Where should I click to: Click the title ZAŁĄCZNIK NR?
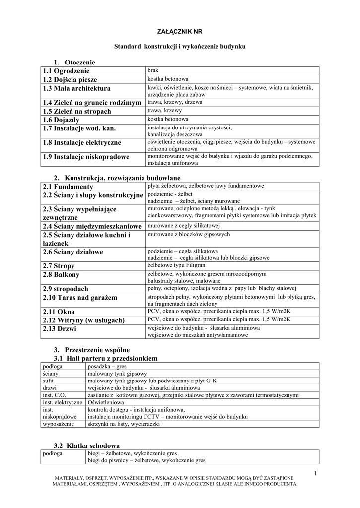click(x=180, y=31)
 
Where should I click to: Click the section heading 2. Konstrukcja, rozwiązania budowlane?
click(x=117, y=178)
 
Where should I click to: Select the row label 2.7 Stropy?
click(x=59, y=266)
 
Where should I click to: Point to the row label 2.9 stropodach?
click(x=66, y=289)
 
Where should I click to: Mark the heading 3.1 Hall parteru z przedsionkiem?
click(x=105, y=358)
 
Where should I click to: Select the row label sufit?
click(x=48, y=381)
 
